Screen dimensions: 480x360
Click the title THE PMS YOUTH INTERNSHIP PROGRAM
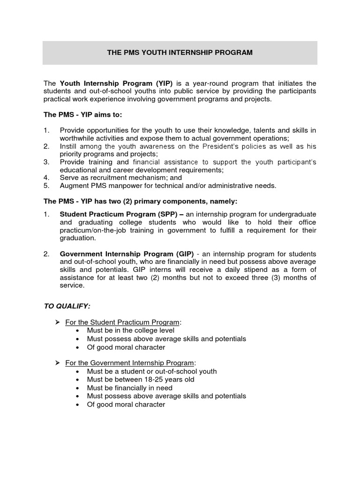tap(180, 52)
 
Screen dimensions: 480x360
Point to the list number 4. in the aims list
tap(46, 178)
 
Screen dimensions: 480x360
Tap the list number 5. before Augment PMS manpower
tap(46, 186)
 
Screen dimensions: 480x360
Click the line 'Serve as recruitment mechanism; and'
tap(120, 178)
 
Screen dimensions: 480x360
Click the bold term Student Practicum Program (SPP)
tap(121, 214)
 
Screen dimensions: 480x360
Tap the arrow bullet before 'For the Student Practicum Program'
tap(57, 322)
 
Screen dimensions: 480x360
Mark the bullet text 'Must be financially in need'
tap(130, 388)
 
